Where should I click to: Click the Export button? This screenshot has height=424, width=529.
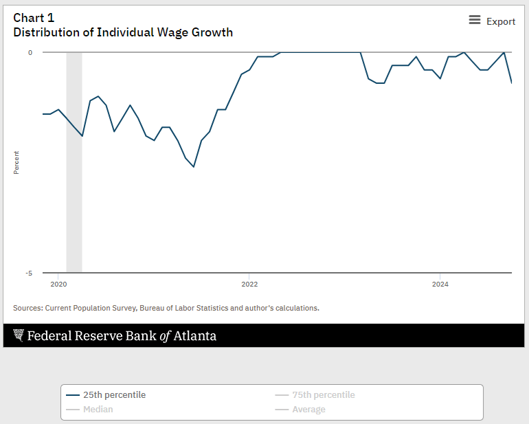click(x=500, y=21)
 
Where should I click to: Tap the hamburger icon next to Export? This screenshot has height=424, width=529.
click(x=475, y=21)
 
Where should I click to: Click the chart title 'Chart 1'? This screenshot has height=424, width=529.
click(x=34, y=18)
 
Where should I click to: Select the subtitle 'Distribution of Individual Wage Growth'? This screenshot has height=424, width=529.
click(x=123, y=32)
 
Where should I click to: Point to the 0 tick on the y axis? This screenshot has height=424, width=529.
click(x=30, y=52)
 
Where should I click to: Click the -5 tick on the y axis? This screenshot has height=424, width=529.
click(x=29, y=273)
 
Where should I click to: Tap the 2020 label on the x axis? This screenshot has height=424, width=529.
click(x=58, y=283)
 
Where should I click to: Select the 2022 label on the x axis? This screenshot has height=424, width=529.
click(x=249, y=283)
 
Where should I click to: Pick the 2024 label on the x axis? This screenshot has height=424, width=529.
click(x=440, y=283)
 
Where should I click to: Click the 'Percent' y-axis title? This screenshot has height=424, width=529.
click(x=16, y=162)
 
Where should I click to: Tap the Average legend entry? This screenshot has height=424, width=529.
click(x=308, y=410)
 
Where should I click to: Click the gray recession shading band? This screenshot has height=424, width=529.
click(x=74, y=206)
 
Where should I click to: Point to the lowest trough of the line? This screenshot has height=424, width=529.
click(x=194, y=166)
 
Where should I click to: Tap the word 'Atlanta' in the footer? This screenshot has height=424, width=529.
click(x=194, y=336)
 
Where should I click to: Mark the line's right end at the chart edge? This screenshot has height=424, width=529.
click(x=511, y=82)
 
